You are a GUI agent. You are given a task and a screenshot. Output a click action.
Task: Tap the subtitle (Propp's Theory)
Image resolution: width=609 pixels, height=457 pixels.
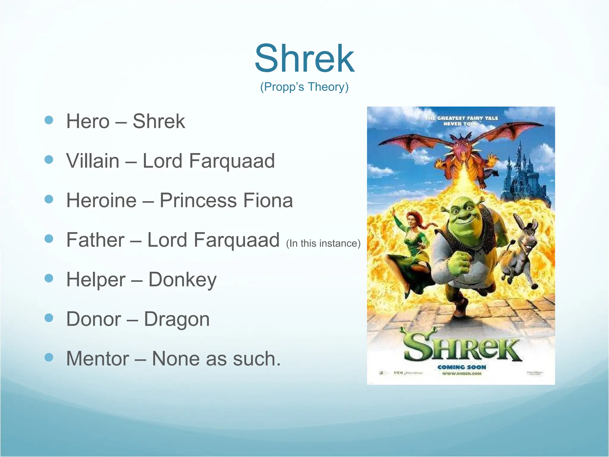[304, 87]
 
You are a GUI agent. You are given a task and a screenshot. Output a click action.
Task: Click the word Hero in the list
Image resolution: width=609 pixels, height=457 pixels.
[88, 121]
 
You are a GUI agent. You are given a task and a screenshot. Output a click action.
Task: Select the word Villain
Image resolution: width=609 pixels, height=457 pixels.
[92, 161]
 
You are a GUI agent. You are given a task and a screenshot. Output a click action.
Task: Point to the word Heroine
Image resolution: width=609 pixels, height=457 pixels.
[101, 200]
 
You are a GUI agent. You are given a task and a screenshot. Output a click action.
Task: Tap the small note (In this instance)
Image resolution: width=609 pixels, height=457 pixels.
[323, 243]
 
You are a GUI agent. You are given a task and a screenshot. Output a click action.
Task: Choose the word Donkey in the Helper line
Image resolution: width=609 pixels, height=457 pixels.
[182, 280]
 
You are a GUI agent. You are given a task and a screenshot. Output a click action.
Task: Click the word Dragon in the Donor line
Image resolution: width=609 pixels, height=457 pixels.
[177, 319]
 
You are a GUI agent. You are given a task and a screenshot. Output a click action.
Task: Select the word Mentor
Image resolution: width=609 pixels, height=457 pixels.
[98, 359]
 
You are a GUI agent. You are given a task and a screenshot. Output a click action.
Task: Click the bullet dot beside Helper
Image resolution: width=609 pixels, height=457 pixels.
[49, 278]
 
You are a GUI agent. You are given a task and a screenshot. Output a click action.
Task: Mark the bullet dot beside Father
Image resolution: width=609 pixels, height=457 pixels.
[49, 239]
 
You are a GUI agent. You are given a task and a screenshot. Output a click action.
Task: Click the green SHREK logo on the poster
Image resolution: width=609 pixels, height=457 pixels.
[462, 347]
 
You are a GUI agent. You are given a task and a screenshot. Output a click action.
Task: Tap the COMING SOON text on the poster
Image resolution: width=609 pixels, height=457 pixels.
[462, 367]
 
